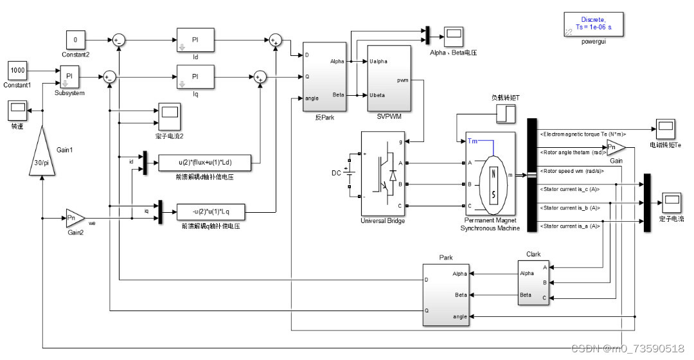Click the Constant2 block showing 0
76,40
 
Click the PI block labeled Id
195,40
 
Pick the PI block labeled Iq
195,77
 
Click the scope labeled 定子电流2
170,113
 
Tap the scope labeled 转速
17,111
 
